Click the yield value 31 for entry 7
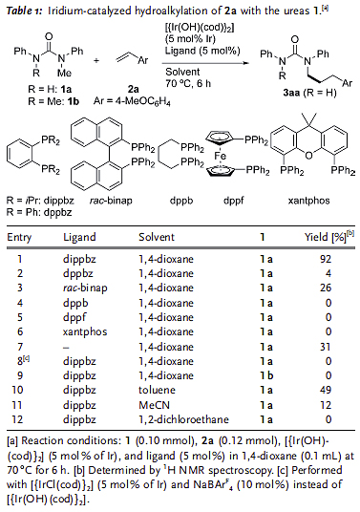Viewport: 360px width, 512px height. [x=328, y=339]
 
